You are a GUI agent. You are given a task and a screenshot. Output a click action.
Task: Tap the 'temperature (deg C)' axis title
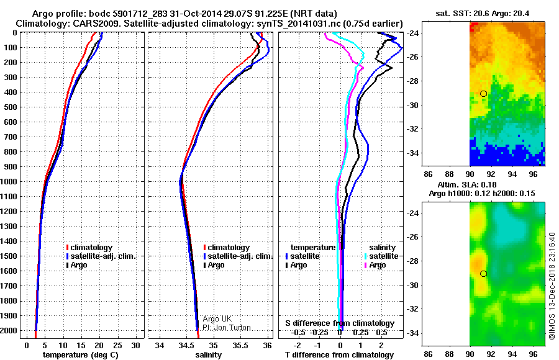[78, 355]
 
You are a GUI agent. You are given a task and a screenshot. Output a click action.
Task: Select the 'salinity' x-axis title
[209, 355]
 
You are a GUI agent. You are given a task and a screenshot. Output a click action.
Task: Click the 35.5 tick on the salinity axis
[240, 344]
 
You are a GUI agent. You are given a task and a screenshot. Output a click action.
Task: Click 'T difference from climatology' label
[340, 355]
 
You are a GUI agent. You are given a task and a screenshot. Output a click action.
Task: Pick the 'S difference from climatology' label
[339, 323]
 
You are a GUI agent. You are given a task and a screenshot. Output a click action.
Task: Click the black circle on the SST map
[484, 93]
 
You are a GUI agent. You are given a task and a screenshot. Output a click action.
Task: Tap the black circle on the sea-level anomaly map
[484, 274]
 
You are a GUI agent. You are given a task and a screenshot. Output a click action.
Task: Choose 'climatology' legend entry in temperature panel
[94, 248]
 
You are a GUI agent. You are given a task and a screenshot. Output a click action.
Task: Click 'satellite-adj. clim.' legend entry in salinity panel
[240, 256]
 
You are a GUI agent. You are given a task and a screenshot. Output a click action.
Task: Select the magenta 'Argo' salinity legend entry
[378, 265]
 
